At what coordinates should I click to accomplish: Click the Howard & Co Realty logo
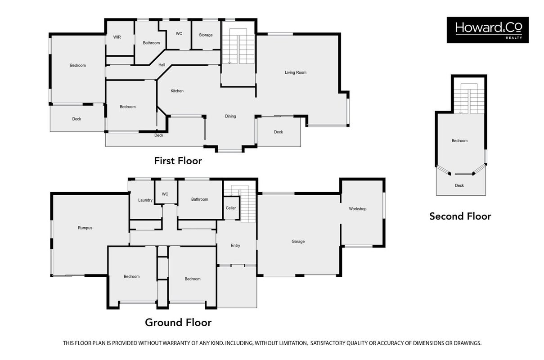click(x=487, y=30)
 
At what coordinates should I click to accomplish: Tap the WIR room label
click(x=117, y=37)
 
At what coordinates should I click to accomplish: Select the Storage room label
click(x=206, y=35)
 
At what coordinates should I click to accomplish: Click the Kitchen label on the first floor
click(x=177, y=91)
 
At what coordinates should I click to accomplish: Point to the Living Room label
click(x=296, y=72)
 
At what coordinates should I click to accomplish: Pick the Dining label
click(x=230, y=116)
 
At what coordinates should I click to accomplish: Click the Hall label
click(x=162, y=65)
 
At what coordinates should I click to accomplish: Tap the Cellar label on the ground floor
click(x=231, y=208)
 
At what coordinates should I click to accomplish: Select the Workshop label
click(x=357, y=209)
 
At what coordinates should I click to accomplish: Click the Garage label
click(x=298, y=242)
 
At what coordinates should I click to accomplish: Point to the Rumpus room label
click(x=85, y=228)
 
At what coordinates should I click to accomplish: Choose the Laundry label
click(x=145, y=200)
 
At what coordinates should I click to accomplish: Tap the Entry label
click(x=235, y=246)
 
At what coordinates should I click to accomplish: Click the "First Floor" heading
click(x=178, y=161)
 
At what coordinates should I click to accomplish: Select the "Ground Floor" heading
click(x=178, y=323)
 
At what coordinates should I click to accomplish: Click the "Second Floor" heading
click(x=460, y=216)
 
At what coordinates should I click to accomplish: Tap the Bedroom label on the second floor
click(x=459, y=141)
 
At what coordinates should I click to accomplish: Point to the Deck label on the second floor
click(x=459, y=185)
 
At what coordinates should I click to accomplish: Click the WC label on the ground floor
click(x=165, y=194)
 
